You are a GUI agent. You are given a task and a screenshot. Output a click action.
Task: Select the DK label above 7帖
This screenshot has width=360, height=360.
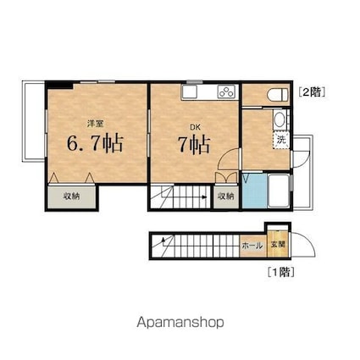194,128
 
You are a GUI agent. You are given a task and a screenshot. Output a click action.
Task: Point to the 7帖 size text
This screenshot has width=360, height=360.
195,145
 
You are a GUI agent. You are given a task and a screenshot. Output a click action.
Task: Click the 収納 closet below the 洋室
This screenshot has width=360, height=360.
72,197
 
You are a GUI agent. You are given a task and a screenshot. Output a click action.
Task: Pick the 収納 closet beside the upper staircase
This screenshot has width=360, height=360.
224,197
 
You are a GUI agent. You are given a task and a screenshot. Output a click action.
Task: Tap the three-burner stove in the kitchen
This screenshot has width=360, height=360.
226,91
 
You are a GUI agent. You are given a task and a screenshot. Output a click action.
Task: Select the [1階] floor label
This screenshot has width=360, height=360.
282,273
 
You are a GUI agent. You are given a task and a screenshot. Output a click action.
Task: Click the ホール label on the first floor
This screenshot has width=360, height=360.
252,246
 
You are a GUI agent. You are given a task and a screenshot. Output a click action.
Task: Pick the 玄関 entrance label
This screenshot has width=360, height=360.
278,246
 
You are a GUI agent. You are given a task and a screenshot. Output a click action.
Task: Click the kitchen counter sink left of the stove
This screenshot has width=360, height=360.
188,91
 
